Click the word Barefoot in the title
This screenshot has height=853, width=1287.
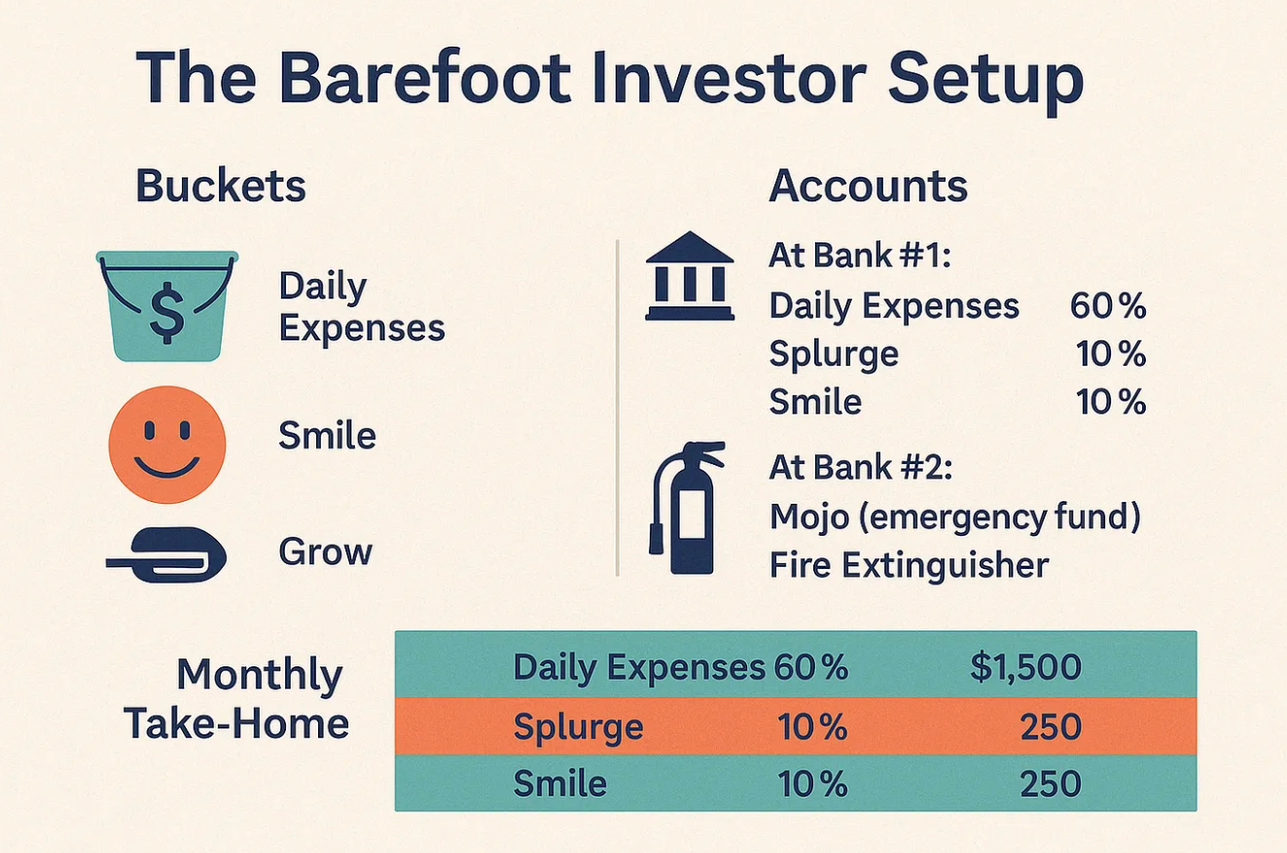click(425, 77)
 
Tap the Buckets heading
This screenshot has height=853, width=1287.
click(221, 186)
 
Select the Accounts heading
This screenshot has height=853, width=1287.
click(868, 186)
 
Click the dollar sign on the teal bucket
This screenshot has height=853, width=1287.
click(166, 312)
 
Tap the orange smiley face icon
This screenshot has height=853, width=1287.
click(167, 444)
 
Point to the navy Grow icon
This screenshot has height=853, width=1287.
click(166, 554)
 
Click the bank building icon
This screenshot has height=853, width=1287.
click(690, 275)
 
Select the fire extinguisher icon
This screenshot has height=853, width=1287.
click(687, 508)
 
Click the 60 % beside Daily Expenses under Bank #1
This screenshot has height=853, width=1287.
click(1107, 305)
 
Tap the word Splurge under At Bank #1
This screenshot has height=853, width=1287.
click(834, 354)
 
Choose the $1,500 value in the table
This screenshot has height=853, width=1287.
click(1025, 667)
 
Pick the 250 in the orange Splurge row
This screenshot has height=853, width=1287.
click(1051, 727)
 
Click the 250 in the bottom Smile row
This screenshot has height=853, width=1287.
click(1051, 784)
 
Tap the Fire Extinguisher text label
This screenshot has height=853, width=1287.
click(909, 565)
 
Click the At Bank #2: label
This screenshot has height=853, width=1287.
click(860, 467)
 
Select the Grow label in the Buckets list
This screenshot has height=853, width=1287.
click(326, 551)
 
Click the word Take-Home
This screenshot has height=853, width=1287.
click(236, 724)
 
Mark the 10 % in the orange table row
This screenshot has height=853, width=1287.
click(812, 727)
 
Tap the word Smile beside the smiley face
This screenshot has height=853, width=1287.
click(328, 436)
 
